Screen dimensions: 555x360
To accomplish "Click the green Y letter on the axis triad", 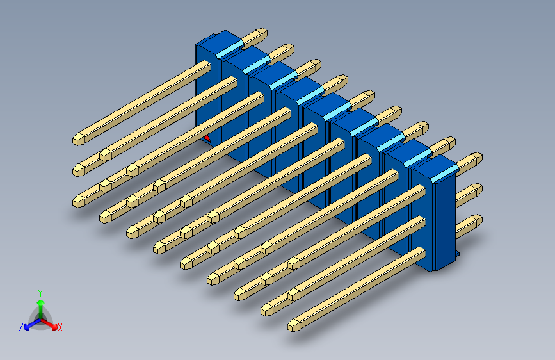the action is point(40,293).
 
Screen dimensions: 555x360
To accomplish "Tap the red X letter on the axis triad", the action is point(60,327).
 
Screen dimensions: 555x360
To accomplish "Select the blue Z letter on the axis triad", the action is point(21,327).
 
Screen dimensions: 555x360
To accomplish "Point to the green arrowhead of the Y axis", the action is point(41,302).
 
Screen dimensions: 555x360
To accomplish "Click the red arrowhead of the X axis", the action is point(54,327).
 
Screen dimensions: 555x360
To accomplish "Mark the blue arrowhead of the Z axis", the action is point(26,328).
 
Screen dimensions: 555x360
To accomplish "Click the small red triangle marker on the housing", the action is point(207,138).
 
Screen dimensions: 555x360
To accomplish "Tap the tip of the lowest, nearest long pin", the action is point(293,325).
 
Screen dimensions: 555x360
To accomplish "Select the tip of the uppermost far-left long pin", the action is point(79,139).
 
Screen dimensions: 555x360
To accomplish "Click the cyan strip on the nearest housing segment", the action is point(444,173).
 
